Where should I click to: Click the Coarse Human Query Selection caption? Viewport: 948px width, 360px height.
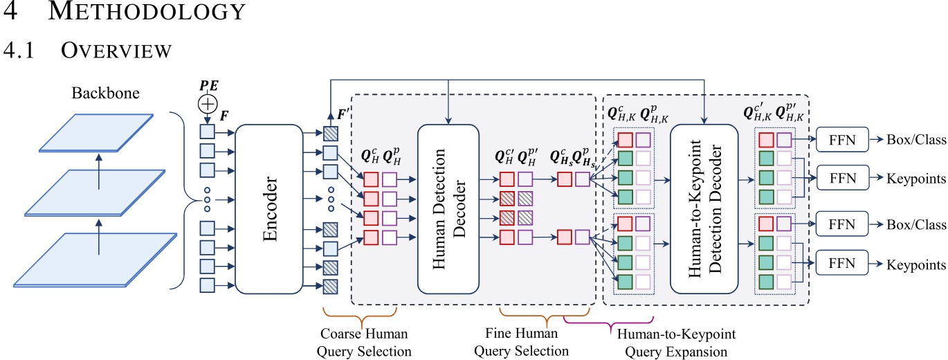click(365, 343)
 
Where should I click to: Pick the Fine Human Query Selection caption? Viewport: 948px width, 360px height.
click(522, 343)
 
